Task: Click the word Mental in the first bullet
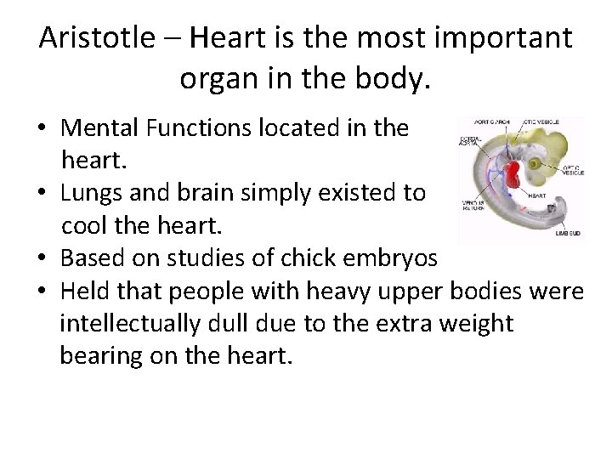[100, 128]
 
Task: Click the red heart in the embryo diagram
[512, 177]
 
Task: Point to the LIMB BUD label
[568, 231]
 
